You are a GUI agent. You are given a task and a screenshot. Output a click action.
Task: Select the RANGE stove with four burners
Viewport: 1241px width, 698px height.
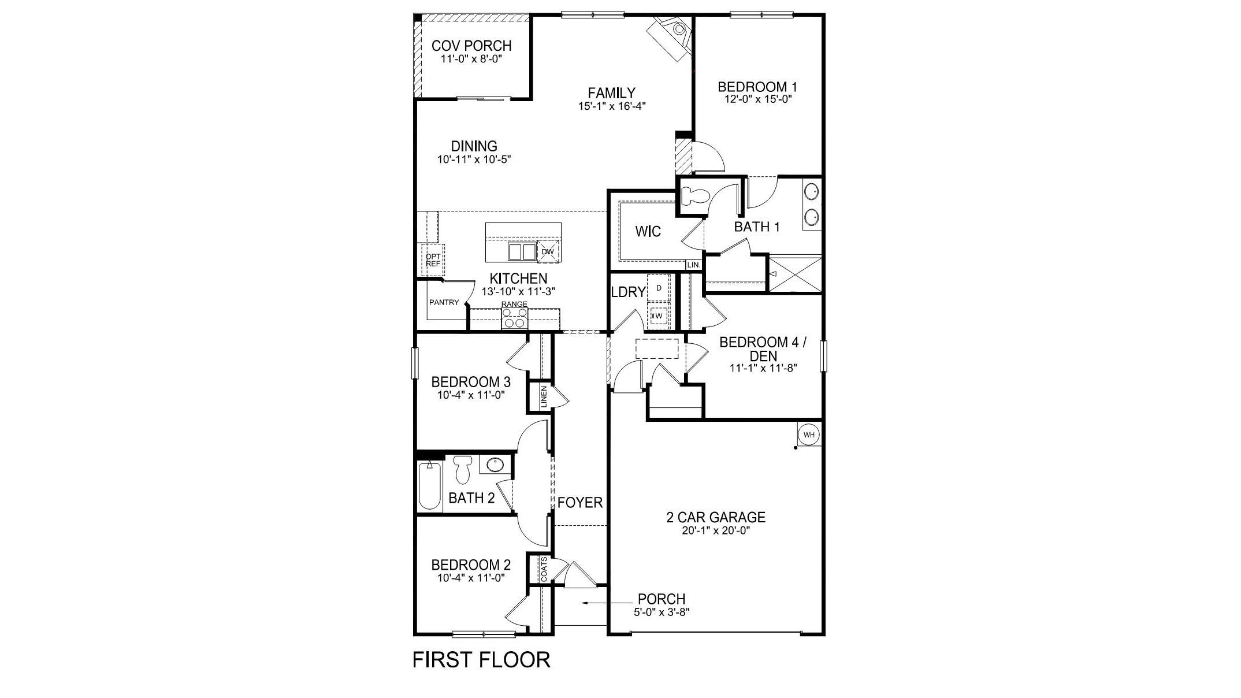point(514,318)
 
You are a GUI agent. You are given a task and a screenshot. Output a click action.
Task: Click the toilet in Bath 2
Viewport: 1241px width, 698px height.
point(462,469)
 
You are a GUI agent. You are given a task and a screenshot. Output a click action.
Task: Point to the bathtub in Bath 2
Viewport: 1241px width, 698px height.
point(429,485)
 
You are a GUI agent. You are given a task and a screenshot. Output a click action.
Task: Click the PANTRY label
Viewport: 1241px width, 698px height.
point(444,302)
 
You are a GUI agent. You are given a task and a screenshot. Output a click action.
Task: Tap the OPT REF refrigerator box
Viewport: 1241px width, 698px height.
point(433,260)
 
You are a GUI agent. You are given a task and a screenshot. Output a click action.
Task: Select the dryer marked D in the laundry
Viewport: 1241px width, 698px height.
point(658,287)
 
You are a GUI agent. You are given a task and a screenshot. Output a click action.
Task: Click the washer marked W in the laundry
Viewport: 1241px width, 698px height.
point(658,315)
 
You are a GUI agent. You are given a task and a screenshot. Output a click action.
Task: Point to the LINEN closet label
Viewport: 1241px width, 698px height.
point(544,397)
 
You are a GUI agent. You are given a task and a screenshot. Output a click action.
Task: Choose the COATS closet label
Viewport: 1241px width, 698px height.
point(544,569)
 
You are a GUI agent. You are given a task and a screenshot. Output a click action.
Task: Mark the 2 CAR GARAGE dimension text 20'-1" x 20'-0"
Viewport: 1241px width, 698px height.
point(715,531)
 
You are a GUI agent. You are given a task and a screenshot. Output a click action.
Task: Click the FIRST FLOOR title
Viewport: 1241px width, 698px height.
point(481,660)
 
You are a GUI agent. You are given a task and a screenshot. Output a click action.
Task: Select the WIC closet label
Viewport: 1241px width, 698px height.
point(648,232)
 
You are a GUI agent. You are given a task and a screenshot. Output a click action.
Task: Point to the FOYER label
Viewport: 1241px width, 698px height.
point(579,503)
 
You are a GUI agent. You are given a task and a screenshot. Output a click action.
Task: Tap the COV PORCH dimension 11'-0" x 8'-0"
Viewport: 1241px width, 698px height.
point(471,59)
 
